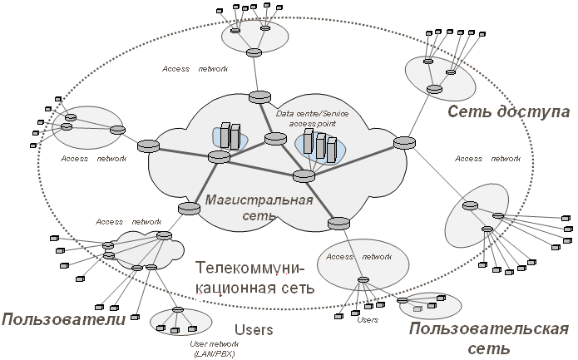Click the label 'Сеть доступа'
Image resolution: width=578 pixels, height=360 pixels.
(509, 111)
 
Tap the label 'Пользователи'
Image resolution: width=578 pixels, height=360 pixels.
(64, 319)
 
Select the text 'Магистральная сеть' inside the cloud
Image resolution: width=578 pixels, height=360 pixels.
(259, 208)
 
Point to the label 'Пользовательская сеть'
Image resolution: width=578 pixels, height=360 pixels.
(489, 338)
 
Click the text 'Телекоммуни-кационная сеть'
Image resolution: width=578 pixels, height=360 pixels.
(254, 278)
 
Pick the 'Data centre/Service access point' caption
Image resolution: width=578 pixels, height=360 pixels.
(312, 118)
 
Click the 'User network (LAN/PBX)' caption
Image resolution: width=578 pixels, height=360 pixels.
(215, 349)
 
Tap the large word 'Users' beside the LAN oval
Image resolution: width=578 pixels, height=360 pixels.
(254, 330)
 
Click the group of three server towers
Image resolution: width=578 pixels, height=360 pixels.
(320, 147)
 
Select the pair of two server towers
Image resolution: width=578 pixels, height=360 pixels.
(230, 136)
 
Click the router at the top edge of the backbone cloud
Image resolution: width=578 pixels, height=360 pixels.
(259, 97)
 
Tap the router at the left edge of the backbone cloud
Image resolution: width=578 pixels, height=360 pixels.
(148, 146)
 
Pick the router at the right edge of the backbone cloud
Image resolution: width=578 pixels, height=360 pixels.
(404, 143)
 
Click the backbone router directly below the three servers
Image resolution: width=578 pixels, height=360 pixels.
(304, 175)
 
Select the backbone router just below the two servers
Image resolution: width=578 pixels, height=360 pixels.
(219, 156)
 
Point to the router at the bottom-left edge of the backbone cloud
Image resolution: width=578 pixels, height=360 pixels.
(189, 209)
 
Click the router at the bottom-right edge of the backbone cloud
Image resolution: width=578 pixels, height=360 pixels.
(338, 224)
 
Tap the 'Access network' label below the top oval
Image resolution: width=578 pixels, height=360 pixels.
(195, 69)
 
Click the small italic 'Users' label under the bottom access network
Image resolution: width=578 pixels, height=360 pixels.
(368, 320)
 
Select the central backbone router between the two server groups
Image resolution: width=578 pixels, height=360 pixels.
(275, 139)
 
